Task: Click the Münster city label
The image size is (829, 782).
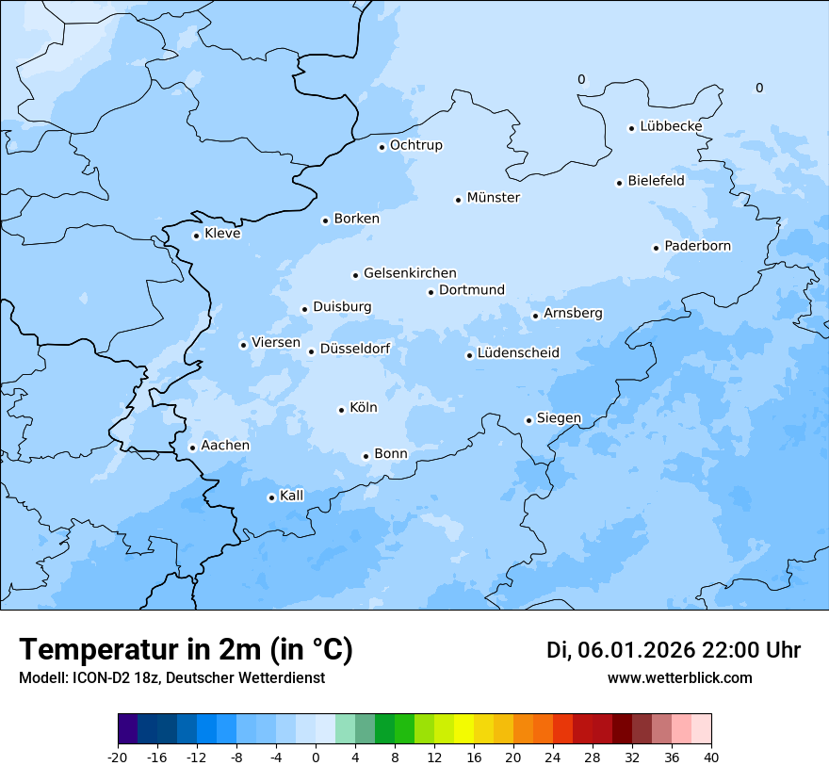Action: (493, 198)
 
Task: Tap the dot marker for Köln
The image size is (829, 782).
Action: (341, 410)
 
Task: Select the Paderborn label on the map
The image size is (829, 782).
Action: (697, 246)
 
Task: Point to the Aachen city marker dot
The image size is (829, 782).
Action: (192, 448)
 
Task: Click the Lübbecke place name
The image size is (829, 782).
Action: (671, 126)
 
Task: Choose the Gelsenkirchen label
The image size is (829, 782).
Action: (410, 273)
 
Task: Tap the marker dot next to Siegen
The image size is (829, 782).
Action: (528, 420)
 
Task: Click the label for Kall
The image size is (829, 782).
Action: (291, 496)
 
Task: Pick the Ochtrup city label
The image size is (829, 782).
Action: (415, 145)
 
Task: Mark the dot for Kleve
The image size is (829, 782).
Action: (196, 236)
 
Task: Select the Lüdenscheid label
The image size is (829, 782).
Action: (518, 353)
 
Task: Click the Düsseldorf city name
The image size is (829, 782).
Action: (355, 349)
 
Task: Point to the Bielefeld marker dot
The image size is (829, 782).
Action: (620, 183)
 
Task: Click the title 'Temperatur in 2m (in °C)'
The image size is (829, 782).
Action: (186, 649)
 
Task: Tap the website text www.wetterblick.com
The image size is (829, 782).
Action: (679, 677)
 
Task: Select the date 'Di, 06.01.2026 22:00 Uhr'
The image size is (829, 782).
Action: (673, 650)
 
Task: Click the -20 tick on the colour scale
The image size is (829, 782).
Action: (118, 757)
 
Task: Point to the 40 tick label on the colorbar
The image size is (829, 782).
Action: (711, 757)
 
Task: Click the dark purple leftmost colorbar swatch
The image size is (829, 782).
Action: (127, 729)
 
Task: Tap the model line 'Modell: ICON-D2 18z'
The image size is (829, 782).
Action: (89, 677)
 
